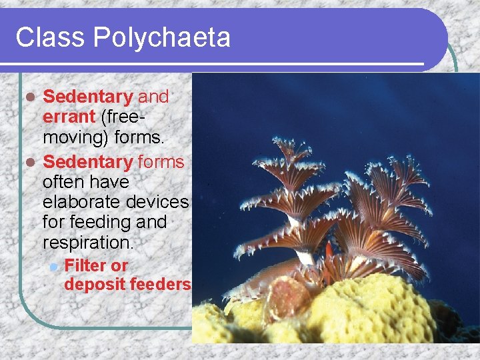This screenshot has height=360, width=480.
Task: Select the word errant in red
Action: (x=69, y=117)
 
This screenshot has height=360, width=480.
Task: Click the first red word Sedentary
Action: (x=88, y=97)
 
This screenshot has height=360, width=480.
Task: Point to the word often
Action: (x=62, y=181)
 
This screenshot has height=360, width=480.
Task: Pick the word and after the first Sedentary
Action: (x=153, y=97)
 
